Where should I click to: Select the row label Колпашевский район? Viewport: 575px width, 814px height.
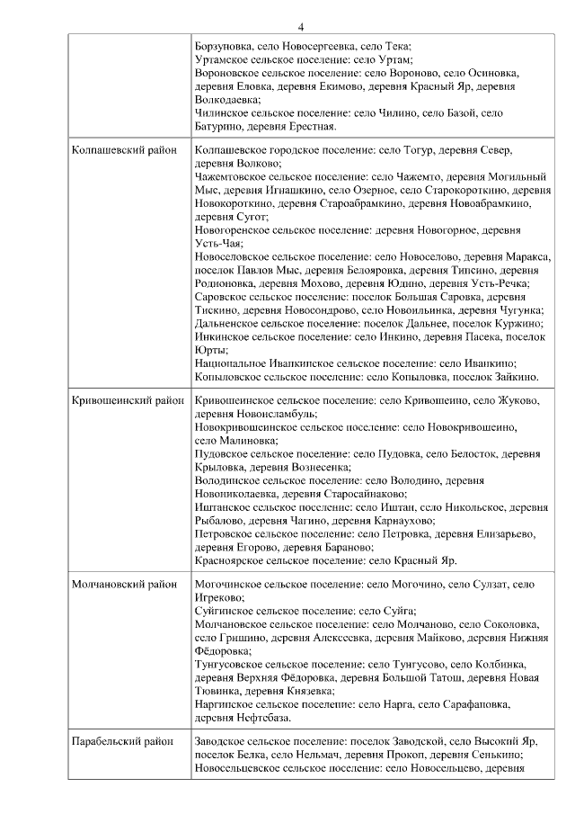(124, 150)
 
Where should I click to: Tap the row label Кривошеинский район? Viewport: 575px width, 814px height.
(126, 399)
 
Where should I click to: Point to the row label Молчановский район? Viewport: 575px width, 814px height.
(124, 584)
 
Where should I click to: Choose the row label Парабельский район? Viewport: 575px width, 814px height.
(122, 741)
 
